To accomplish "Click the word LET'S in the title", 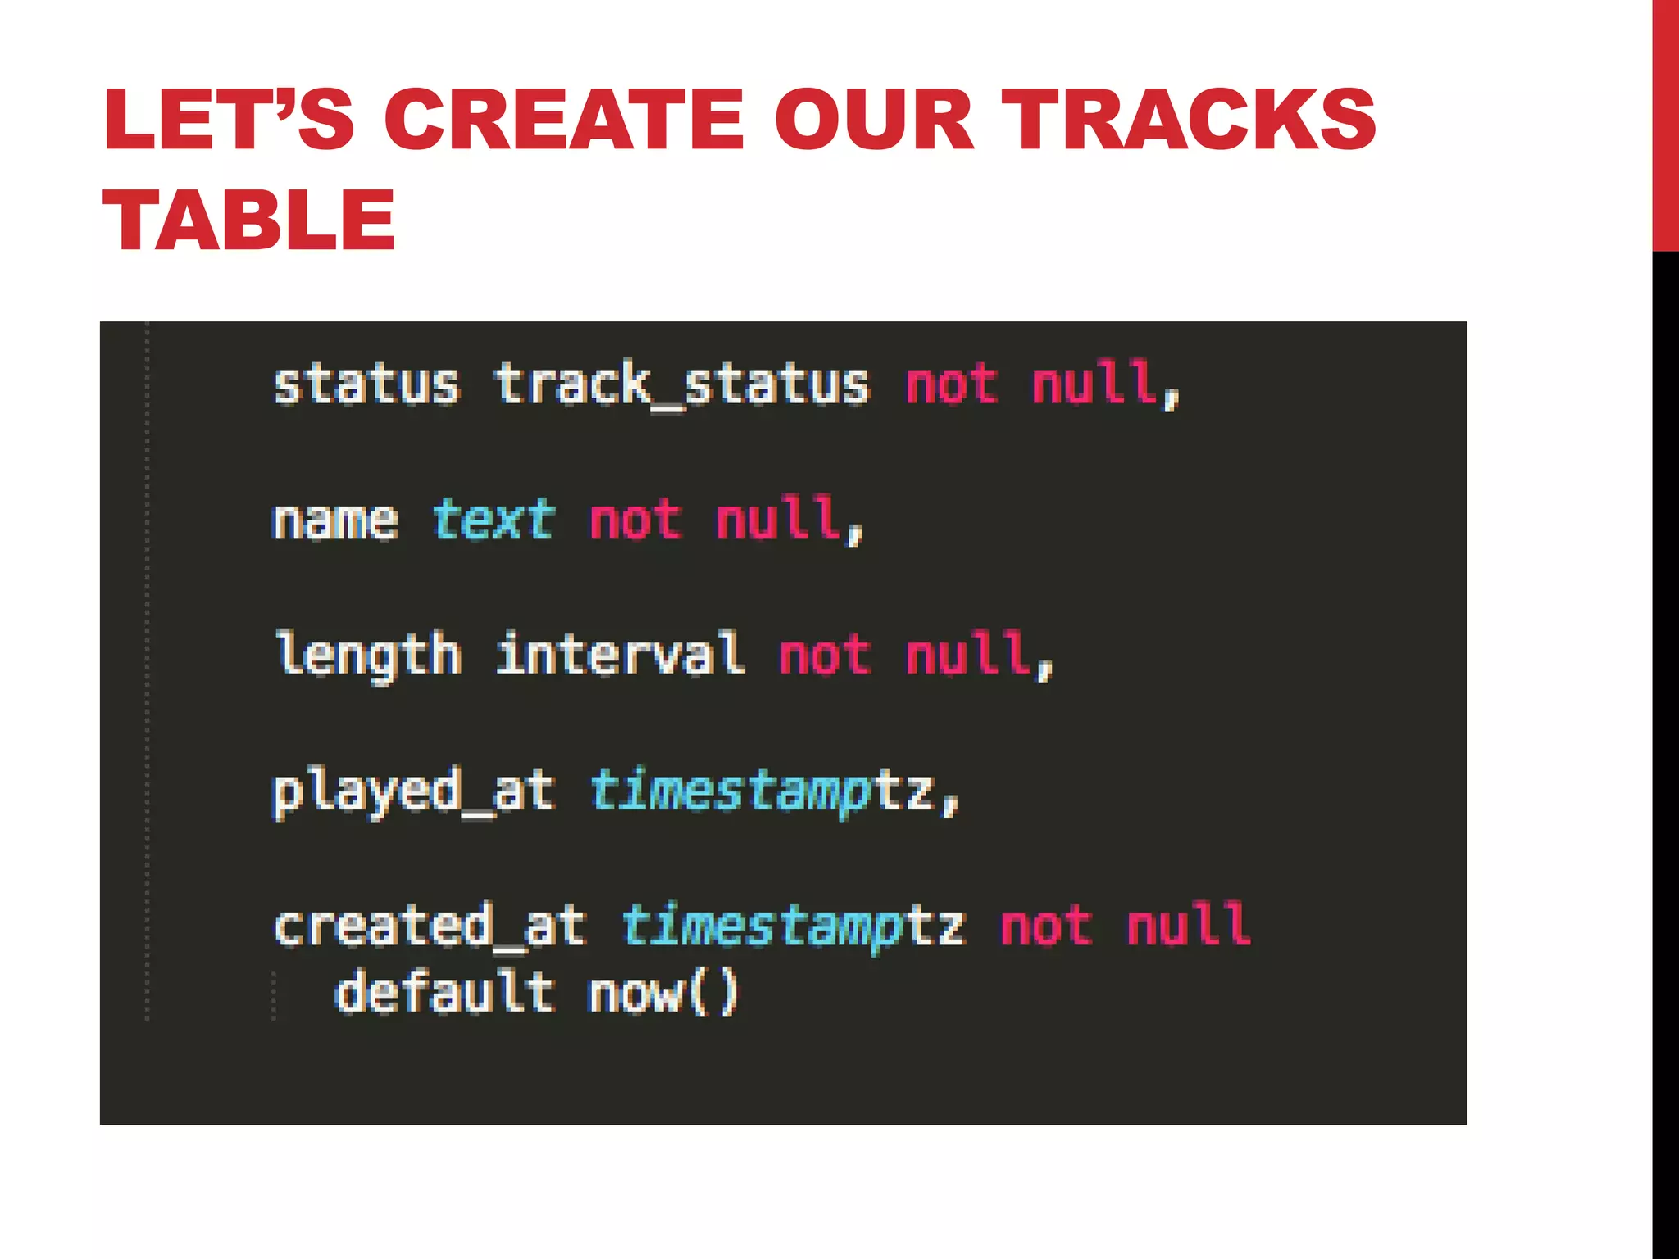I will pos(229,120).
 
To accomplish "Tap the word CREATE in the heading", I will pos(565,120).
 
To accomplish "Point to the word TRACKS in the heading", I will pos(1188,120).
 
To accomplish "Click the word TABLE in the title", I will pos(249,220).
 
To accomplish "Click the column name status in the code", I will pos(366,385).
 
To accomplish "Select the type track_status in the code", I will pos(681,385).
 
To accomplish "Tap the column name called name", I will pos(335,521).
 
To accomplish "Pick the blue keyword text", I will pos(494,520).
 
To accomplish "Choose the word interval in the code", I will pos(621,654).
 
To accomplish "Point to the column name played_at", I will pos(414,792).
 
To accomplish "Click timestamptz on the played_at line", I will pos(762,792).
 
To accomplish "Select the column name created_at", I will pos(430,927).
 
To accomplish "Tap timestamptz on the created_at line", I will pos(793,927).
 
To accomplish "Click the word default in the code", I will pos(445,993).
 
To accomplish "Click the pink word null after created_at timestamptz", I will pos(1188,925).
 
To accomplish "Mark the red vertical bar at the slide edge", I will pos(1665,123).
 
